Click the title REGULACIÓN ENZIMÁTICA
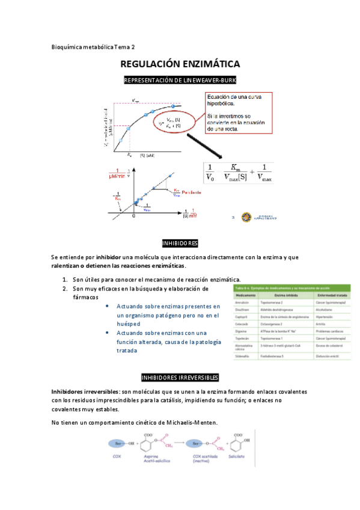(x=180, y=64)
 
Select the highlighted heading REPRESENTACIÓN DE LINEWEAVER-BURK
(x=180, y=81)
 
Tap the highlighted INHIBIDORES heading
(x=180, y=243)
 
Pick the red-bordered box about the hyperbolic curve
(x=238, y=112)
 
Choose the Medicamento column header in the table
(x=245, y=296)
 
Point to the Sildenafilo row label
(x=243, y=357)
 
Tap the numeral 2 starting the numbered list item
(x=65, y=289)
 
